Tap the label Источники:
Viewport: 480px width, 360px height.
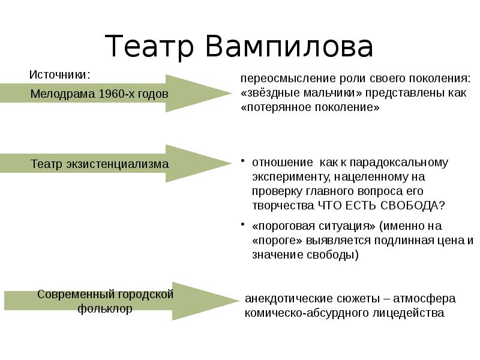point(60,75)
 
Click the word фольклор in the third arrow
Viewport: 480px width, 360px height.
point(105,309)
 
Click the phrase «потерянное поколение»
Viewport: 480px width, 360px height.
point(310,108)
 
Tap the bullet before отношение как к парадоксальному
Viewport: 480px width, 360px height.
point(243,161)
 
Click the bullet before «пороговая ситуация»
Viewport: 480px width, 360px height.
point(243,224)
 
